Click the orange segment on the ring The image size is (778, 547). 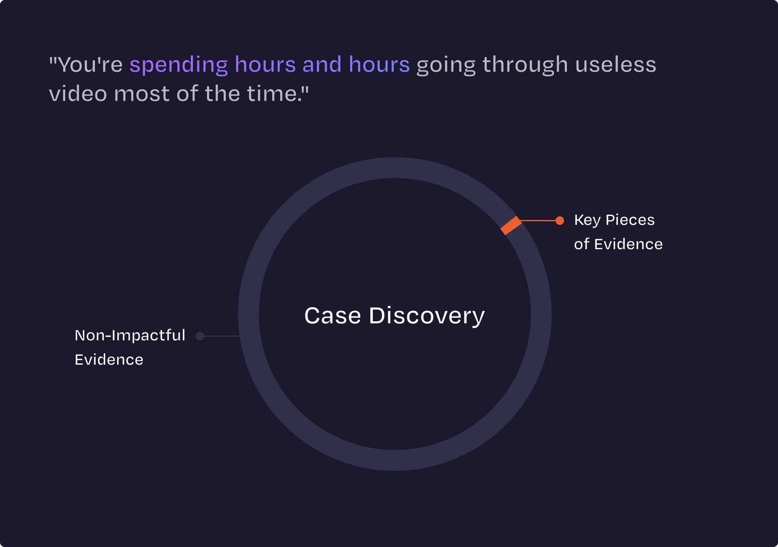511,225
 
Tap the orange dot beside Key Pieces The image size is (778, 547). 560,220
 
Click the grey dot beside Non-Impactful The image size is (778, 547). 200,336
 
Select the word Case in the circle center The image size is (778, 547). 332,316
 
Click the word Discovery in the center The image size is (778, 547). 427,316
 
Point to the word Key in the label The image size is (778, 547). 587,220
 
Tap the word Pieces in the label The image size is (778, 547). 630,220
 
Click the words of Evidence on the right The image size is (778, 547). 618,244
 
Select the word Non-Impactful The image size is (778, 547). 130,335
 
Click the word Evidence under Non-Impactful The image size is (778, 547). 109,360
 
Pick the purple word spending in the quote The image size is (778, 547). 179,65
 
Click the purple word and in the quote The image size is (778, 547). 322,65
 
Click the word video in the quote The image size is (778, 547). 78,94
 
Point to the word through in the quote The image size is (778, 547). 525,65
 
